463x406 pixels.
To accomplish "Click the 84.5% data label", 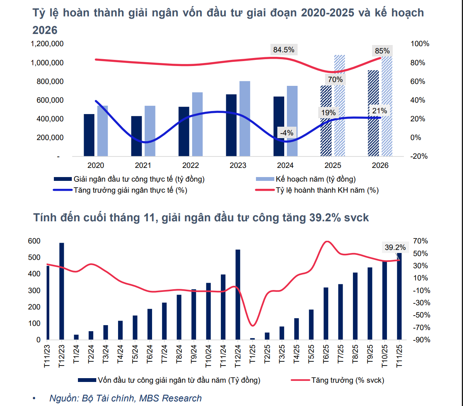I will (284, 50).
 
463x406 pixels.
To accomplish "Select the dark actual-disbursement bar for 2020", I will (89, 135).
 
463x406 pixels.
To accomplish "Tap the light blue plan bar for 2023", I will (245, 119).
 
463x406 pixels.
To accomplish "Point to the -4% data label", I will (287, 133).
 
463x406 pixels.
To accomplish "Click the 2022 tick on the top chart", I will (190, 165).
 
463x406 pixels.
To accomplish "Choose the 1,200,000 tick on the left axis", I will (47, 44).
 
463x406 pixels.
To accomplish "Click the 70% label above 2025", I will (335, 79).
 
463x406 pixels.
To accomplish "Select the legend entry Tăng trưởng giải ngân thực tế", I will (130, 190).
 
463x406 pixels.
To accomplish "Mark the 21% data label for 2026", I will (380, 111).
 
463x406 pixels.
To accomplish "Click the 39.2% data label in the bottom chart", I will (395, 247).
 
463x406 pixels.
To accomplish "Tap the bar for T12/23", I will (62, 291).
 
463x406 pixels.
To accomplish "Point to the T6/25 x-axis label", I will (326, 356).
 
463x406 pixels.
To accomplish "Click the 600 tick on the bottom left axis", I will (34, 241).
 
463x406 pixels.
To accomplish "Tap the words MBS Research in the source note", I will (170, 398).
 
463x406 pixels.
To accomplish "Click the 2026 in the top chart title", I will (45, 30).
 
